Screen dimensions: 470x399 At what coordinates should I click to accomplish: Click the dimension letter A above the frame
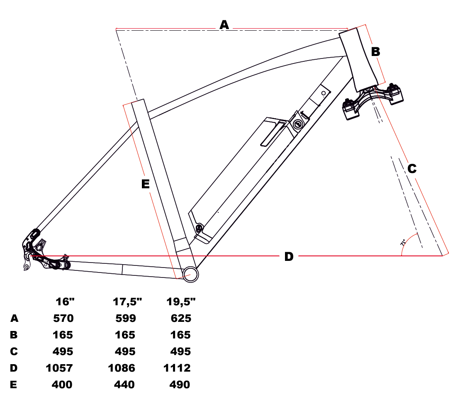click(x=224, y=24)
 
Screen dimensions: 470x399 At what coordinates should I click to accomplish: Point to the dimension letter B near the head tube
click(x=375, y=51)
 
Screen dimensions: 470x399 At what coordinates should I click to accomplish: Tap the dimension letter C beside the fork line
click(x=412, y=169)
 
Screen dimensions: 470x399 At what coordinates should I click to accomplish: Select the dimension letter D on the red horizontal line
click(x=289, y=257)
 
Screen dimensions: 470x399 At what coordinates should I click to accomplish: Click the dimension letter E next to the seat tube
click(x=145, y=184)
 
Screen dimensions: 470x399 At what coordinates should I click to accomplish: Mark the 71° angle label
click(x=403, y=242)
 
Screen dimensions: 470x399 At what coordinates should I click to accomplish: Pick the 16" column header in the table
click(x=65, y=302)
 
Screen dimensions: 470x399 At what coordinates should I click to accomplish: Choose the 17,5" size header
click(x=127, y=302)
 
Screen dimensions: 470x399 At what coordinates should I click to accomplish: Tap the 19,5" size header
click(x=181, y=302)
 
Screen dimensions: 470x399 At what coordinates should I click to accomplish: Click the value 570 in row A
click(x=63, y=318)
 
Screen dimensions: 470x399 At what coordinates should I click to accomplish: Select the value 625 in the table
click(x=181, y=318)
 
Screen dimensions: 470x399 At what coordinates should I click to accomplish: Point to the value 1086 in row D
click(x=122, y=368)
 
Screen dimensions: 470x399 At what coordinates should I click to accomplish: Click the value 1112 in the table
click(x=177, y=368)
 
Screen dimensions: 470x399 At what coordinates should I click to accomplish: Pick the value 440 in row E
click(x=124, y=384)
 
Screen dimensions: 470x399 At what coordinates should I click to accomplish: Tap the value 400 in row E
click(x=62, y=384)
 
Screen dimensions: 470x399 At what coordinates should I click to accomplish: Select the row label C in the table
click(x=14, y=351)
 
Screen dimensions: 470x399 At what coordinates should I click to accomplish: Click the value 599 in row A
click(x=126, y=318)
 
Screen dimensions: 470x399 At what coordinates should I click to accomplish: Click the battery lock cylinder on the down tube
click(x=298, y=124)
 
